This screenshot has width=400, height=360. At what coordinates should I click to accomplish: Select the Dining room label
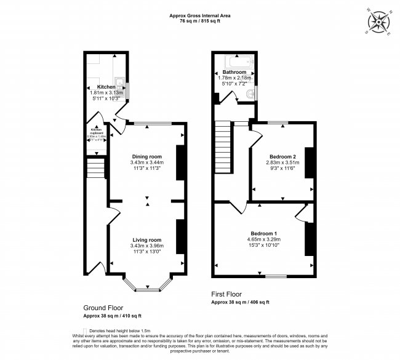click(x=146, y=156)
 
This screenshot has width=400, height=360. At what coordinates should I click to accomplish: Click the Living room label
click(x=146, y=240)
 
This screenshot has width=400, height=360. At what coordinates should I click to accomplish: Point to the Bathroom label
click(x=234, y=72)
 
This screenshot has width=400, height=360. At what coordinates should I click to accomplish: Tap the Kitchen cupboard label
click(x=96, y=130)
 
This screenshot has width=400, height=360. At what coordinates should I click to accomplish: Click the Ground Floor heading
click(x=103, y=308)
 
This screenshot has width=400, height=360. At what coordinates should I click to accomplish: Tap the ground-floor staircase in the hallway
click(x=95, y=167)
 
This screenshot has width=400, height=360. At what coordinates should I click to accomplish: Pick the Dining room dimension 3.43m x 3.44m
click(x=146, y=162)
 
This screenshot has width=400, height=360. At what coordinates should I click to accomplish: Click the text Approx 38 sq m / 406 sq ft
click(x=240, y=302)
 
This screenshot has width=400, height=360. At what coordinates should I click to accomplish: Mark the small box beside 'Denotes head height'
click(x=85, y=330)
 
